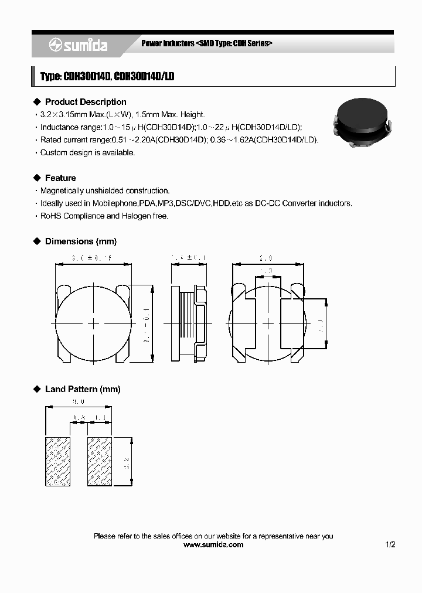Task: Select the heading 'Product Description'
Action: (86, 102)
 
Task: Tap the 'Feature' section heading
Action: (60, 178)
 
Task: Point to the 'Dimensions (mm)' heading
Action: (81, 241)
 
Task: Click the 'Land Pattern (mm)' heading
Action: (83, 389)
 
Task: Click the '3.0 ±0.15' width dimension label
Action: (91, 258)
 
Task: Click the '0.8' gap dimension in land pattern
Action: (79, 417)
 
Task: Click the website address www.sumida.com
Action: (213, 544)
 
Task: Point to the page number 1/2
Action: (390, 544)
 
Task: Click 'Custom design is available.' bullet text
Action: (87, 153)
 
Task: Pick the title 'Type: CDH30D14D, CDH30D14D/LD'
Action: (107, 77)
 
